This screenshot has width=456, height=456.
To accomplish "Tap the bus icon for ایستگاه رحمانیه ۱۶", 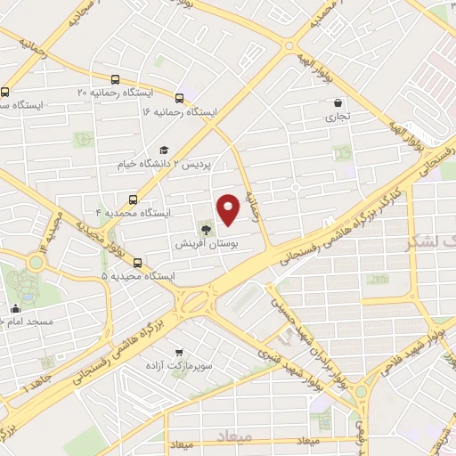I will pyautogui.click(x=181, y=98).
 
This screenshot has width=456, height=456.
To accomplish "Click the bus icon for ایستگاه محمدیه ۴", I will pyautogui.click(x=134, y=199).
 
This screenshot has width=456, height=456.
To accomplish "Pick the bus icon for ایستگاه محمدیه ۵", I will pyautogui.click(x=137, y=263).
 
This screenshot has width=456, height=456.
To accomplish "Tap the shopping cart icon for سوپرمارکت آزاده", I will pyautogui.click(x=181, y=352).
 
